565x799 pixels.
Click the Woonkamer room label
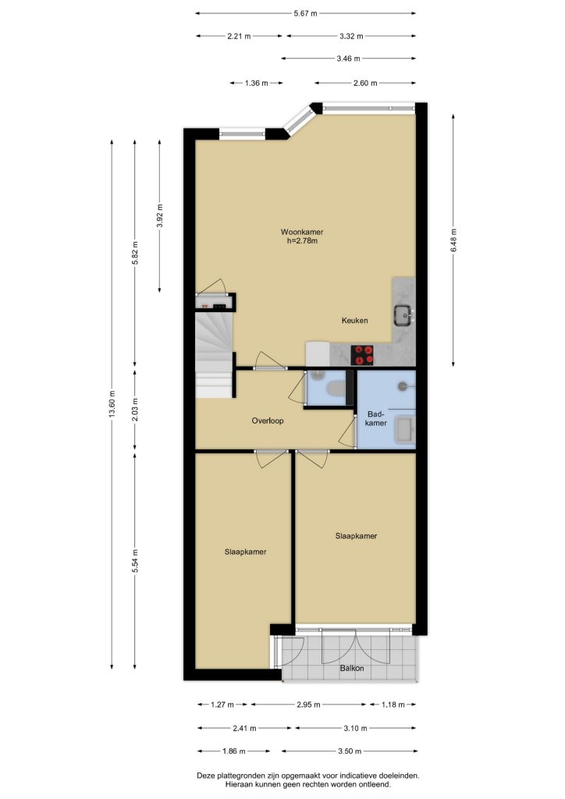coord(302,232)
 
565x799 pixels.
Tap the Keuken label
coord(354,321)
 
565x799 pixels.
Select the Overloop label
coord(268,421)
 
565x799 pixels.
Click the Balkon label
coord(352,668)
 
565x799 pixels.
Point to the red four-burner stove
coord(362,355)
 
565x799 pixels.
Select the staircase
coord(215,355)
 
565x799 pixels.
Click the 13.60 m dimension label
coord(112,404)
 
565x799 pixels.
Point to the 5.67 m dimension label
coord(306,14)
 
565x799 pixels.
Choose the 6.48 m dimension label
coord(453,240)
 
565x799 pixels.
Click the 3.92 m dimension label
coord(159,217)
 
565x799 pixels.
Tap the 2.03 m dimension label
coord(134,409)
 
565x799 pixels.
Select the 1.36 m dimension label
coord(256,83)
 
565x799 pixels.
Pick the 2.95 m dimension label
coord(309,705)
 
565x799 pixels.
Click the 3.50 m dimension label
coord(350,751)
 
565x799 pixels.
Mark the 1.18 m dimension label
coord(393,705)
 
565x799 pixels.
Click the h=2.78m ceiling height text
coord(302,240)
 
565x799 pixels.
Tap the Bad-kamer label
coord(376,418)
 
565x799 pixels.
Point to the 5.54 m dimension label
coord(134,560)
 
